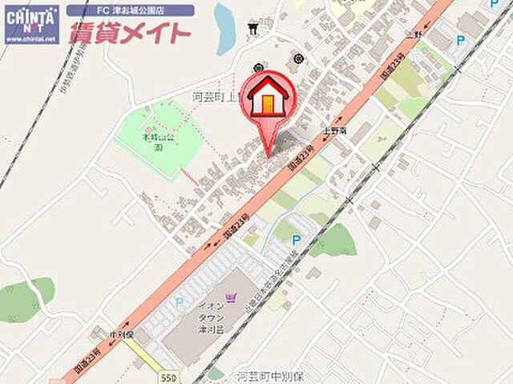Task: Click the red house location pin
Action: pos(268,99)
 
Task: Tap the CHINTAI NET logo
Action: pos(31,23)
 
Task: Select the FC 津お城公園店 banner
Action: pos(130,11)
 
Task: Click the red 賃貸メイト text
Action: pos(130,33)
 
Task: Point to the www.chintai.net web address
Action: pos(30,38)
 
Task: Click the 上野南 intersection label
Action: pos(334,128)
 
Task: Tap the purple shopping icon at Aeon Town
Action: pos(233,300)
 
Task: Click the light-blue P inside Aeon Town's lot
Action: pos(179,303)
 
